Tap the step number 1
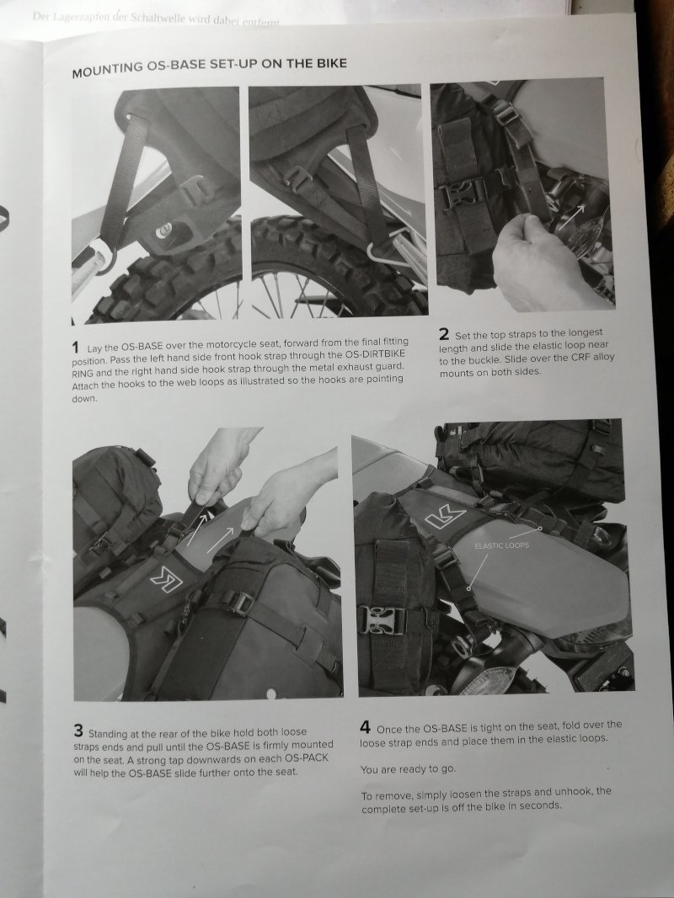(75, 347)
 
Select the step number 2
(444, 334)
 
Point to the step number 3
(78, 731)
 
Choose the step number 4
(365, 727)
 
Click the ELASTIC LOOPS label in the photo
(501, 546)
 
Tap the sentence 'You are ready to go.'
(408, 769)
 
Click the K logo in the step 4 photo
(446, 518)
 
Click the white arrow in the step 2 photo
(573, 217)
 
